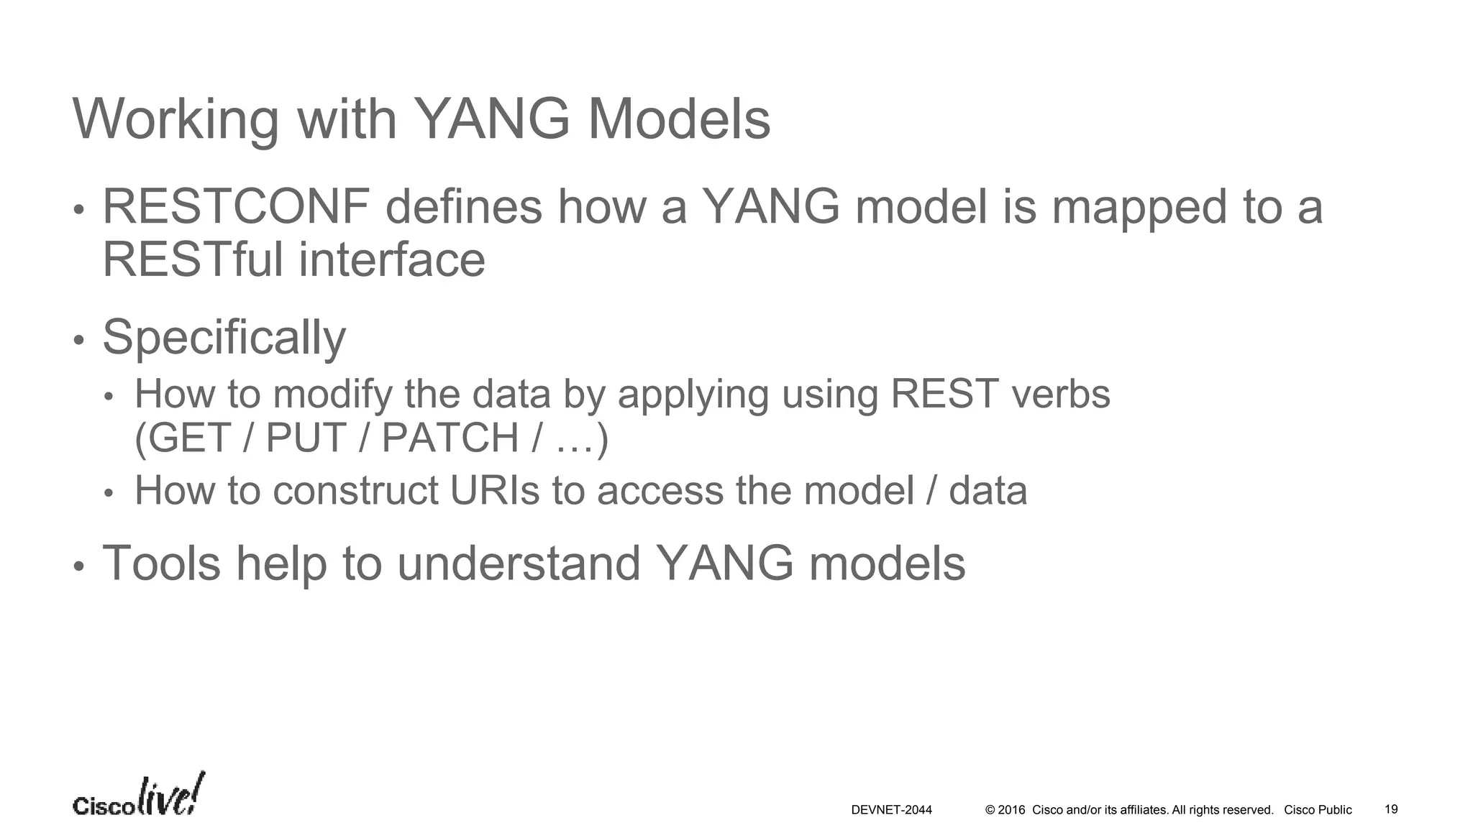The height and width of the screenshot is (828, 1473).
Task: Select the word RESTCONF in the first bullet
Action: coord(236,207)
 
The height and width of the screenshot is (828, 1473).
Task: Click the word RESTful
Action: coord(193,259)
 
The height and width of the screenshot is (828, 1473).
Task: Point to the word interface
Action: coord(392,259)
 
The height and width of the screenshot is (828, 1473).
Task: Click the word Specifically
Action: coord(224,337)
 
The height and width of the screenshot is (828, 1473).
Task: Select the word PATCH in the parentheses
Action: coord(450,438)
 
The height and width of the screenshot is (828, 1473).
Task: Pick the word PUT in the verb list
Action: coord(306,438)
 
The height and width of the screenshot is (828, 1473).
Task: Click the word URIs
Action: coord(494,491)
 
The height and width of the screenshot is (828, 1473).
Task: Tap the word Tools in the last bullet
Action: coord(162,563)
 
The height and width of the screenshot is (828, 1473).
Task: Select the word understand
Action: coord(519,563)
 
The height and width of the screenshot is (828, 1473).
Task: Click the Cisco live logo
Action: coord(138,796)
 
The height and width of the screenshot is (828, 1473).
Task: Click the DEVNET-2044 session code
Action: coord(891,810)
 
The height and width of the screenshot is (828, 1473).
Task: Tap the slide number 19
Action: coord(1391,809)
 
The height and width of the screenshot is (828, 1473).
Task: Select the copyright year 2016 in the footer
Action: coord(1011,810)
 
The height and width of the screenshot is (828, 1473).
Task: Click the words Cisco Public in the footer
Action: coord(1318,810)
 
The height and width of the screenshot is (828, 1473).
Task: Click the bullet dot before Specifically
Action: coord(79,340)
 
